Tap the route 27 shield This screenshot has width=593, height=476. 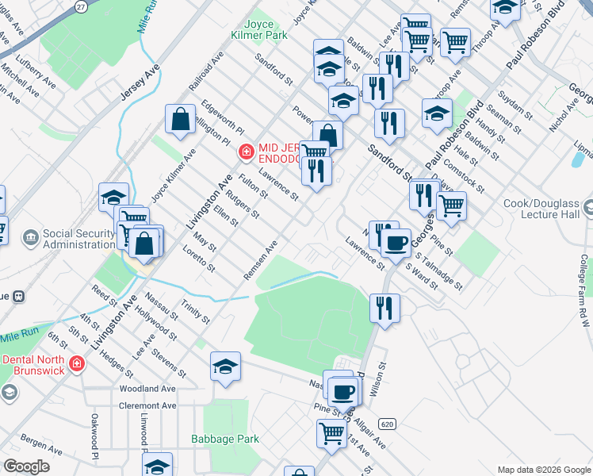[x=81, y=6]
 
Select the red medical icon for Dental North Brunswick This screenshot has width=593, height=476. [x=76, y=364]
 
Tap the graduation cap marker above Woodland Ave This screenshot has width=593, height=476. [x=225, y=366]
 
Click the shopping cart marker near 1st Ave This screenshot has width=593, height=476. [x=331, y=433]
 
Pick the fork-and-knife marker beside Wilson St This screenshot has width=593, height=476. [x=384, y=307]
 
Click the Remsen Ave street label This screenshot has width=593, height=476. [x=261, y=259]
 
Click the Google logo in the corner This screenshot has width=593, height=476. [x=26, y=466]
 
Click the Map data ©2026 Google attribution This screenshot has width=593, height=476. [x=543, y=470]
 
